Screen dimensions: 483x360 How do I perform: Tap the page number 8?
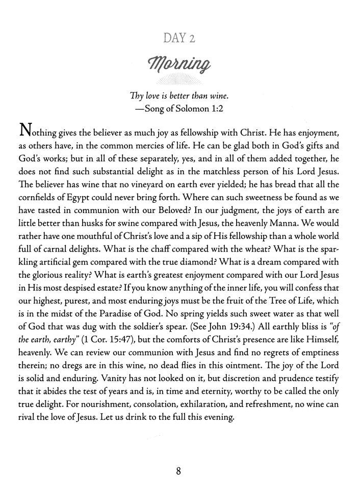pyautogui.click(x=179, y=470)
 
